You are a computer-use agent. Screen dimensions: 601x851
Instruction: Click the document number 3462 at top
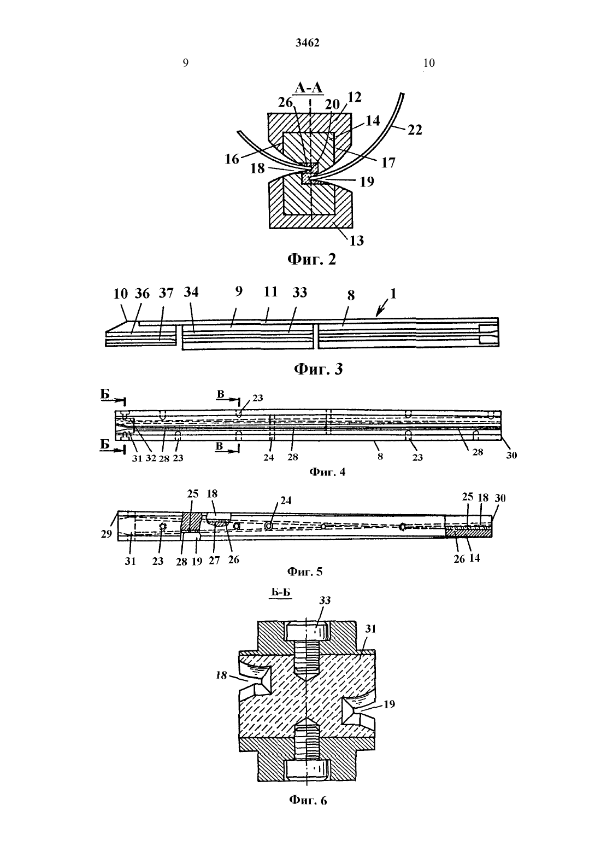(x=307, y=43)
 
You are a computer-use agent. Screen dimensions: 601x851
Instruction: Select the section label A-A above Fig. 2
(x=309, y=88)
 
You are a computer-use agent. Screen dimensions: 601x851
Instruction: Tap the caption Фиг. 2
(x=311, y=259)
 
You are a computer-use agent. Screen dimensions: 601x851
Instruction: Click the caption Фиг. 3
(x=319, y=369)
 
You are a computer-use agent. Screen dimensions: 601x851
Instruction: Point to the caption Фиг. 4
(x=327, y=472)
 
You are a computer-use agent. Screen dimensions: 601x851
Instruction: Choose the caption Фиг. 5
(x=305, y=571)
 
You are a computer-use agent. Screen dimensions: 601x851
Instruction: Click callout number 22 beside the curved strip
(x=415, y=130)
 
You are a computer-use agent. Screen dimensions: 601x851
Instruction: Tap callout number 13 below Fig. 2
(x=356, y=240)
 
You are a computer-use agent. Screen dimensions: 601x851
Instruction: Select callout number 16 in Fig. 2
(x=232, y=159)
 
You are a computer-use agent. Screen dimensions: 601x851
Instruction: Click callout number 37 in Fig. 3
(x=166, y=293)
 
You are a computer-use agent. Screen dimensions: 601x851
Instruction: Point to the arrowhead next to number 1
(x=378, y=314)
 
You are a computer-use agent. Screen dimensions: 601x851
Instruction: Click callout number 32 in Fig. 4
(x=151, y=458)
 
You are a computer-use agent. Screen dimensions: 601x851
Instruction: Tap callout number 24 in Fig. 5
(x=285, y=500)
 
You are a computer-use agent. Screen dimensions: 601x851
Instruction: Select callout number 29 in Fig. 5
(x=106, y=534)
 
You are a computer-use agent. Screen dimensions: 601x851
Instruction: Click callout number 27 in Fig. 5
(x=214, y=561)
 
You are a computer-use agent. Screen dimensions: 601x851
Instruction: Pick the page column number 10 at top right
(x=429, y=63)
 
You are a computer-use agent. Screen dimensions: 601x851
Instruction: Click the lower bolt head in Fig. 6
(x=307, y=770)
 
